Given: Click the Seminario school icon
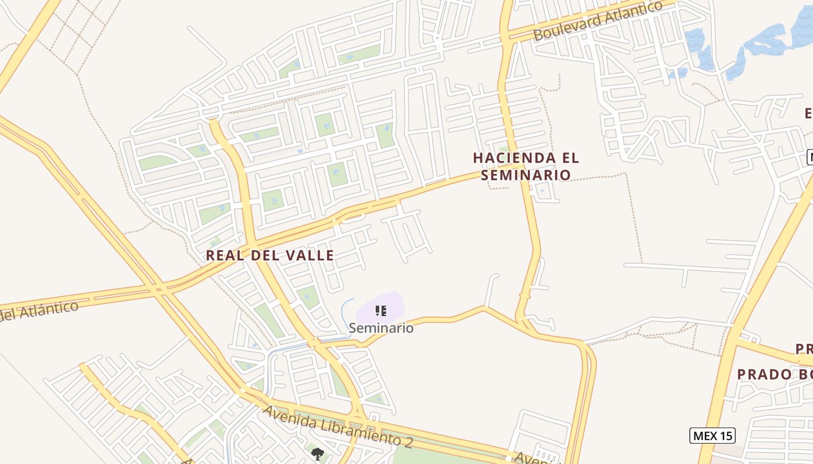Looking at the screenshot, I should pos(380,311).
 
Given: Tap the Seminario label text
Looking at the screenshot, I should pos(381,328).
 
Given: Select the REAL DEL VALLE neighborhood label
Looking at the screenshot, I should pos(270,255).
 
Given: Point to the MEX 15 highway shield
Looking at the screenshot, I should pos(713,435).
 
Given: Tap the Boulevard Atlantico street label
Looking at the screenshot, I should pos(598,21).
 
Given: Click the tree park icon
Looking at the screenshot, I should pos(317,454).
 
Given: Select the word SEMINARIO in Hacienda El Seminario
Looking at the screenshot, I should pos(526,175).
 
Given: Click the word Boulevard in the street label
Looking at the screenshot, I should pos(566,28).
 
